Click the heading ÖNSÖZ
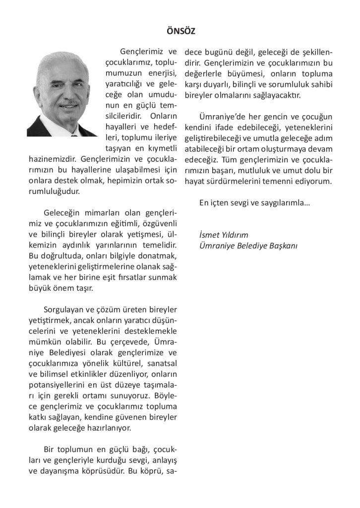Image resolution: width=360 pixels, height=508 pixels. click(180, 31)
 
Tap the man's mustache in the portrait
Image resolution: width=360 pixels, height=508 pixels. click(68, 103)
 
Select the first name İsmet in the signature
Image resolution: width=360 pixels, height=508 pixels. click(208, 234)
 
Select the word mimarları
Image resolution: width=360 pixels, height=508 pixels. click(92, 213)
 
